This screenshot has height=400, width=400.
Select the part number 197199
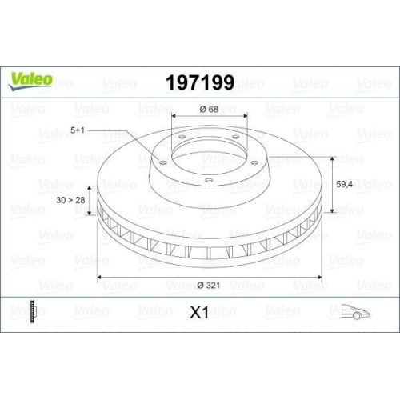tap(199, 83)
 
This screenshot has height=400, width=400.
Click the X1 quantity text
tap(199, 313)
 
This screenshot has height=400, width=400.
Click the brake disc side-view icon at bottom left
tap(32, 312)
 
